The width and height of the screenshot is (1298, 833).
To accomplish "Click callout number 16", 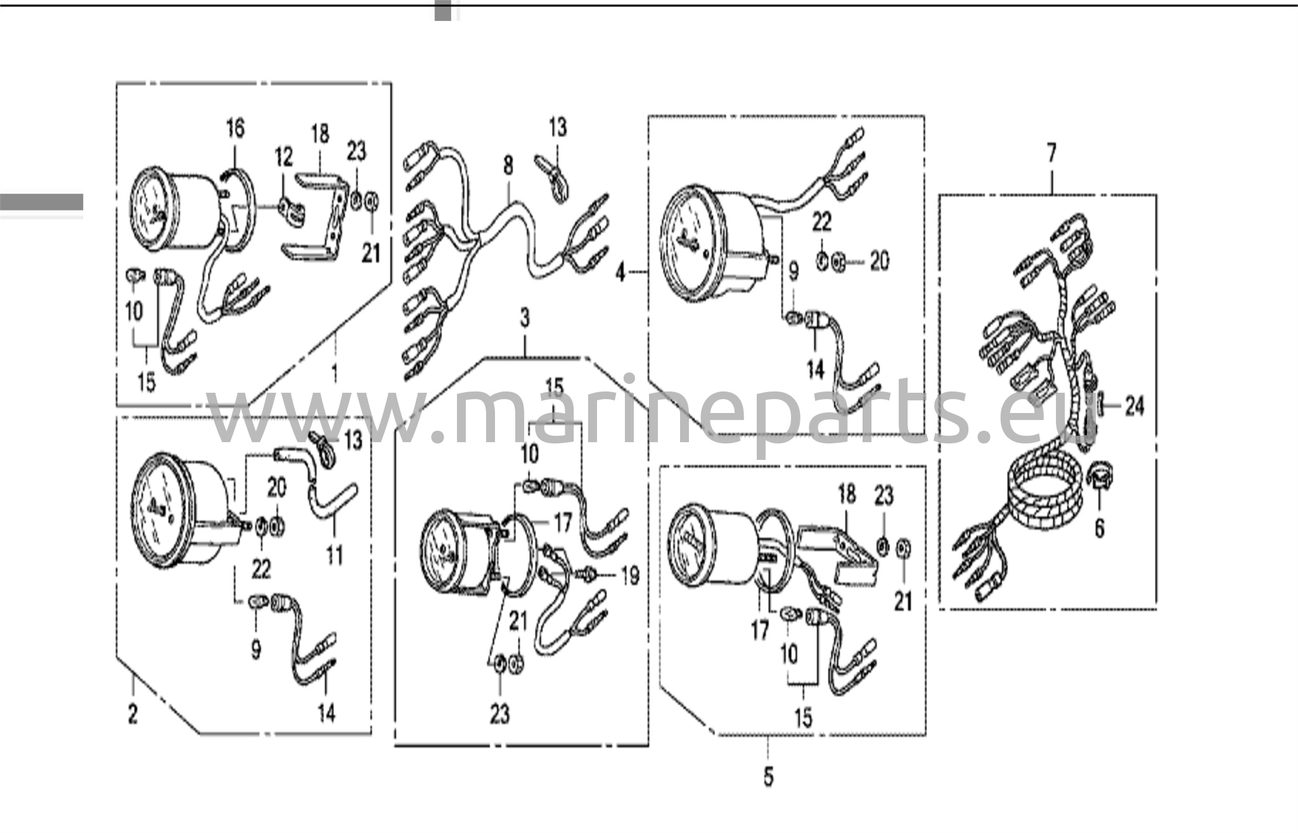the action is click(x=235, y=129).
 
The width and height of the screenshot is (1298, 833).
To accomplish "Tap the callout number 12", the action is click(x=284, y=156).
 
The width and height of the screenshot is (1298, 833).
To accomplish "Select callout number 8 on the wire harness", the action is click(x=508, y=166).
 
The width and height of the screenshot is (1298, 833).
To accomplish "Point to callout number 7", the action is click(x=1051, y=153).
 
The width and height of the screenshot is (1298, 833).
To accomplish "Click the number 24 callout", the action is click(x=1134, y=406).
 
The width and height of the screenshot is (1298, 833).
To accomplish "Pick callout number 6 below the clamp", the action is click(x=1100, y=528).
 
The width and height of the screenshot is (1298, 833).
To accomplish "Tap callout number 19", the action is click(x=630, y=575).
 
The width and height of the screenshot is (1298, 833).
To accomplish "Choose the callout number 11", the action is click(x=334, y=556).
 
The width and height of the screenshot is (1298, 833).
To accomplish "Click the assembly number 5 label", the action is click(x=769, y=777).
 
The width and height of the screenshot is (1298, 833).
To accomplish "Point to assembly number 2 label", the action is click(x=132, y=715).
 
